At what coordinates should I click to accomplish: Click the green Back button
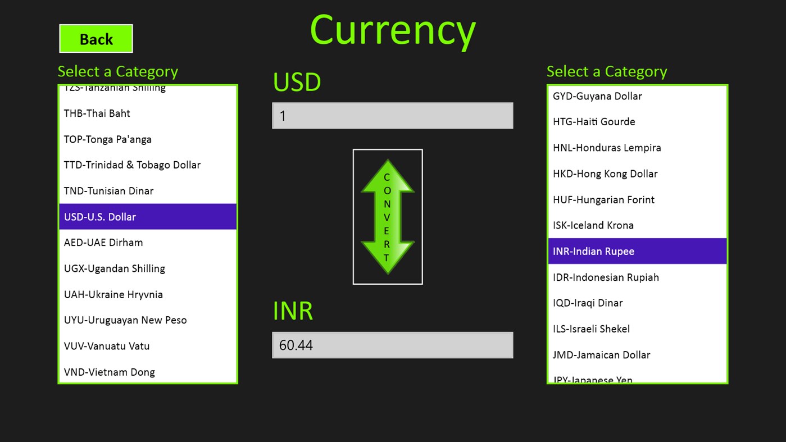(x=96, y=39)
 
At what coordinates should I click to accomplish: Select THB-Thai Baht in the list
(x=97, y=113)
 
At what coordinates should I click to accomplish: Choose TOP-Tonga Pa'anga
(x=108, y=139)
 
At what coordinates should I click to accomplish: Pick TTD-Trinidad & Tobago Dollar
(x=132, y=165)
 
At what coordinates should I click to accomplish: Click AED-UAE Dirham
(x=103, y=243)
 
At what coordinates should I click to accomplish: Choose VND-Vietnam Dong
(x=110, y=372)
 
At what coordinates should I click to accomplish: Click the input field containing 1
(x=392, y=116)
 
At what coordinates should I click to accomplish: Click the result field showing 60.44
(x=392, y=345)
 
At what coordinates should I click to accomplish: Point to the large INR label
(x=293, y=311)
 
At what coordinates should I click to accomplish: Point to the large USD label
(x=297, y=82)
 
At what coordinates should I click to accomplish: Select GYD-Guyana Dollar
(x=597, y=96)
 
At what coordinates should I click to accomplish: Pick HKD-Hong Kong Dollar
(x=605, y=174)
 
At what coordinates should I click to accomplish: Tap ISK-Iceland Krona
(x=593, y=225)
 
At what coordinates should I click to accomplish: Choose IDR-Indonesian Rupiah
(x=606, y=277)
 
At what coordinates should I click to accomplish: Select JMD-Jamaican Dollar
(x=601, y=355)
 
